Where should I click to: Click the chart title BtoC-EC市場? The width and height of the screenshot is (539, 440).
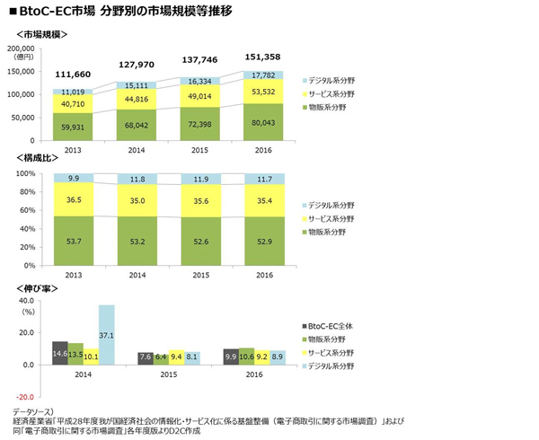coord(54,12)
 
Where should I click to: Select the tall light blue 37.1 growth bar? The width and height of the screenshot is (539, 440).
coord(107,335)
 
